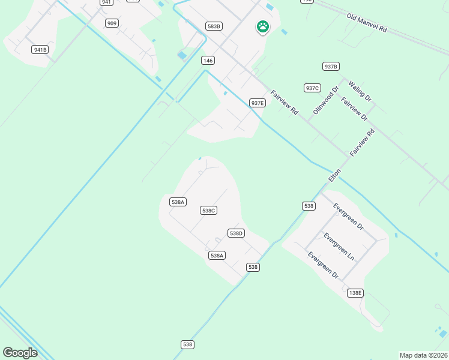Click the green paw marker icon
click(262, 26)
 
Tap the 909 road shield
click(111, 23)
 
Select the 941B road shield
click(40, 50)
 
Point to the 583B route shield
click(214, 26)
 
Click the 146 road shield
click(208, 61)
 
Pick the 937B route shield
click(331, 67)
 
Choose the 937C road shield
click(312, 88)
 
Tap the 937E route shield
click(258, 103)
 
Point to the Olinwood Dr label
click(326, 100)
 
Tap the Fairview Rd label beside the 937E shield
click(285, 103)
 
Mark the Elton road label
click(334, 175)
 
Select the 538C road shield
click(208, 211)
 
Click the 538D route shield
click(236, 233)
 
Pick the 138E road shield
click(355, 293)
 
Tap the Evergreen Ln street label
click(339, 247)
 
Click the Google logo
click(20, 353)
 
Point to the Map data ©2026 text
click(424, 355)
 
